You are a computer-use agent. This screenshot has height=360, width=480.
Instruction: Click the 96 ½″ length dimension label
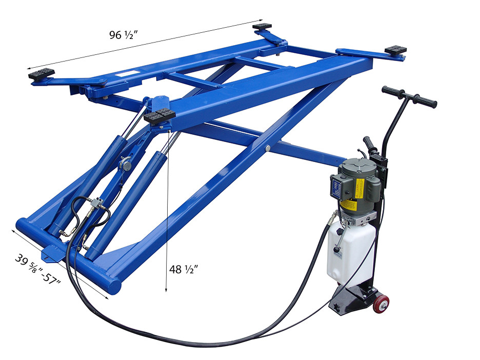click(x=124, y=35)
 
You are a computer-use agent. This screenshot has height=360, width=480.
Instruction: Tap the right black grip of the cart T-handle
click(x=426, y=101)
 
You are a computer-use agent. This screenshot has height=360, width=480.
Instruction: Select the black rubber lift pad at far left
click(x=42, y=74)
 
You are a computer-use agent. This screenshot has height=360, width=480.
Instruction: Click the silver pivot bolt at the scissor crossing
click(x=268, y=148)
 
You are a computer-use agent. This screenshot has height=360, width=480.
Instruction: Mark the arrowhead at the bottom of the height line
click(x=166, y=290)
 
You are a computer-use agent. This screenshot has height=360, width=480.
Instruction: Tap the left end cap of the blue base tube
click(x=23, y=226)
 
